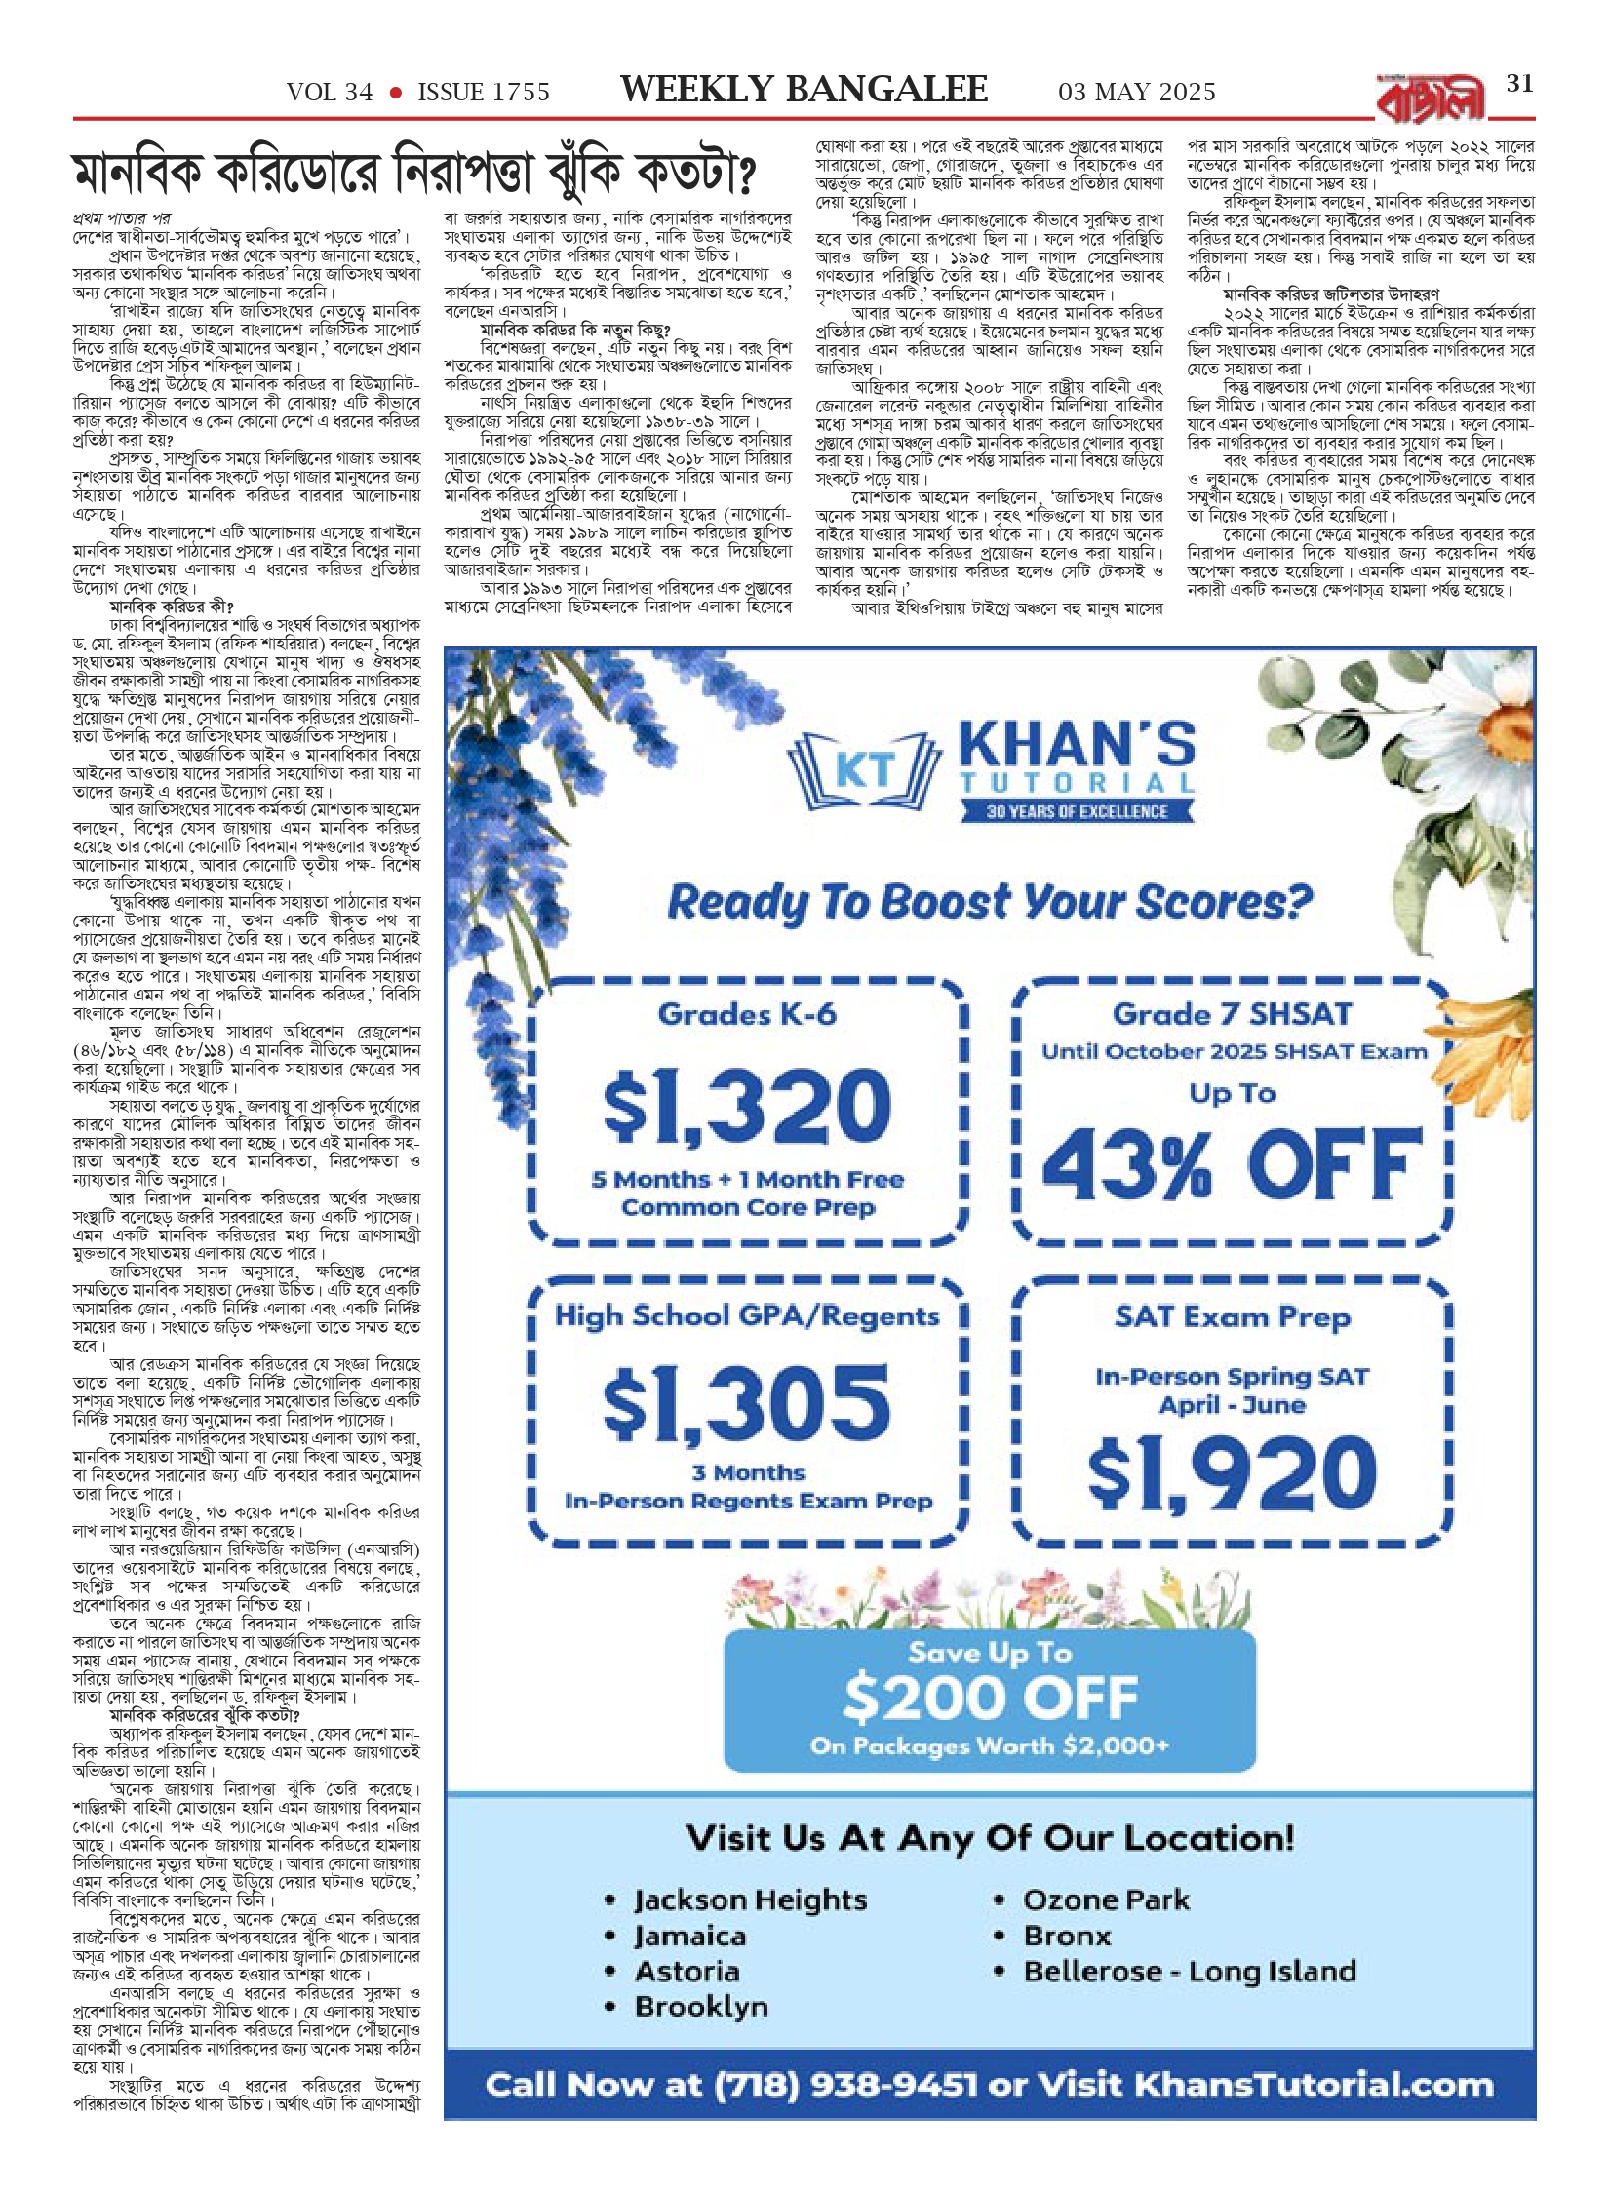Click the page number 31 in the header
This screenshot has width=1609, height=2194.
(1519, 84)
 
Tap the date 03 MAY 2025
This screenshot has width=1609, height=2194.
(1137, 93)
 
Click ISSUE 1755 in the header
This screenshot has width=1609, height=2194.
(484, 93)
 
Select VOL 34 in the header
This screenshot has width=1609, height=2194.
(330, 93)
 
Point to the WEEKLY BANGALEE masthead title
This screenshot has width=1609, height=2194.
(804, 90)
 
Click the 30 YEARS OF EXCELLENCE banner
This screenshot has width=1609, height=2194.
(1077, 811)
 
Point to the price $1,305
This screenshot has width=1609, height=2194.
(747, 1402)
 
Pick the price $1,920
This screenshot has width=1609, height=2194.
(1233, 1474)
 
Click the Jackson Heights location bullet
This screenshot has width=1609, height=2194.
(749, 1900)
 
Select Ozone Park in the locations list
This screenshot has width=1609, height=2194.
(1106, 1900)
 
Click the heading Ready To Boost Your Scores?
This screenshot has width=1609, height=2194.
(990, 903)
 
